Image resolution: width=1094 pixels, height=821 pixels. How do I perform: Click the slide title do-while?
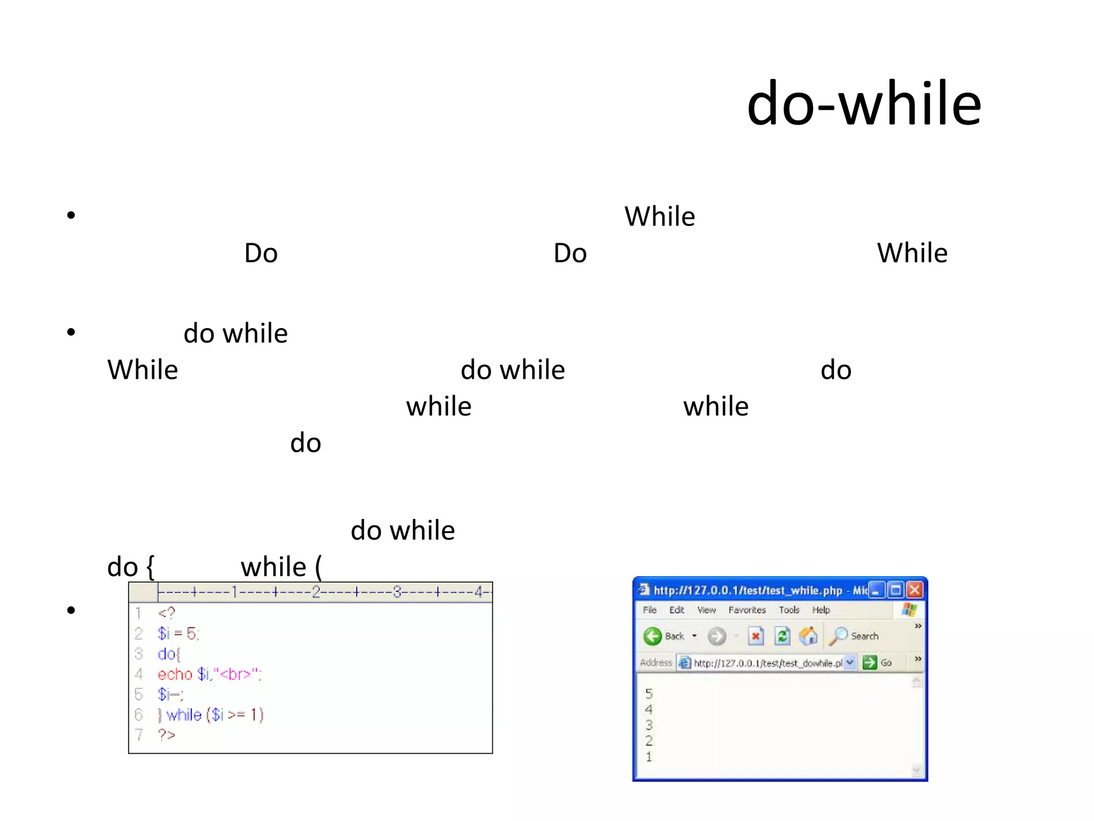click(864, 104)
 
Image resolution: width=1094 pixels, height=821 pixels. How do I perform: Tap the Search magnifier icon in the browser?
click(839, 636)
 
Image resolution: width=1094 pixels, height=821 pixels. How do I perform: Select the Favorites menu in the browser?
click(747, 610)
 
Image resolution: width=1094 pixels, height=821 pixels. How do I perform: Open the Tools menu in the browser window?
click(789, 610)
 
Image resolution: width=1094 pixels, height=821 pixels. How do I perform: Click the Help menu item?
click(821, 610)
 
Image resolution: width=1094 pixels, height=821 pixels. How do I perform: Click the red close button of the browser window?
click(915, 590)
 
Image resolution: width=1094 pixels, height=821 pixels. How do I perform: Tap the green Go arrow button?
click(870, 663)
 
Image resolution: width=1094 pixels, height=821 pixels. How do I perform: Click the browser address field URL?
click(767, 663)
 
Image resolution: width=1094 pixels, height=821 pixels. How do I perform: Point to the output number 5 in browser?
click(649, 694)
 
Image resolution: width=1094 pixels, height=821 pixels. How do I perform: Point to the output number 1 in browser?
click(649, 757)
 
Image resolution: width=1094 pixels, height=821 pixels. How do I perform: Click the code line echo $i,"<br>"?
click(209, 675)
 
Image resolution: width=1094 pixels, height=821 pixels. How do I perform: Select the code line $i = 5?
click(178, 634)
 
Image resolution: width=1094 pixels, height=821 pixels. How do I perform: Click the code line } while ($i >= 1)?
click(210, 715)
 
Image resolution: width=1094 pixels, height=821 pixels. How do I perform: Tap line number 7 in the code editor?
click(139, 735)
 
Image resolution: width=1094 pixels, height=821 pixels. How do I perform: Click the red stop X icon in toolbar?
click(756, 636)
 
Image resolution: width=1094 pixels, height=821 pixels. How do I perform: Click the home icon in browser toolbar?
click(808, 636)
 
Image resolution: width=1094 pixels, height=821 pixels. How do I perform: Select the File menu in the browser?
click(650, 610)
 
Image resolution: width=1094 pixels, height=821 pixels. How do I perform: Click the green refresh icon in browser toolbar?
click(782, 636)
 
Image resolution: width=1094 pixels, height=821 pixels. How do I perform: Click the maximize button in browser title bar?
click(896, 590)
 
